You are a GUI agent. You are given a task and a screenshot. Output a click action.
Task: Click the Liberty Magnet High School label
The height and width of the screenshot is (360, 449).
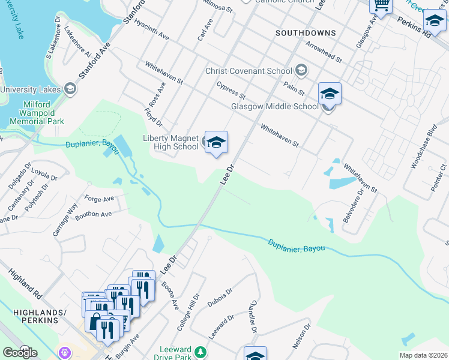tap(170, 142)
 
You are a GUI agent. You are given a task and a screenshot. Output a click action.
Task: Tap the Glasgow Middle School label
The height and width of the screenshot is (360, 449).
tap(275, 107)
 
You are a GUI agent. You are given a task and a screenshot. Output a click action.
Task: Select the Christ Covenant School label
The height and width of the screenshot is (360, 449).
tap(249, 71)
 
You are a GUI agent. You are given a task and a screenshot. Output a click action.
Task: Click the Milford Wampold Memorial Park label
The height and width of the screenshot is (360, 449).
tap(43, 112)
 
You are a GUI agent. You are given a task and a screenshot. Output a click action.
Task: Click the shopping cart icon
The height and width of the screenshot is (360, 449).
tap(380, 5)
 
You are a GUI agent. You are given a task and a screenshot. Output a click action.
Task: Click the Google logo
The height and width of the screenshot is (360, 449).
tap(20, 352)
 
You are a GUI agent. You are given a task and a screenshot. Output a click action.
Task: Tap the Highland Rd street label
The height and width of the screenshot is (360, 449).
tap(25, 285)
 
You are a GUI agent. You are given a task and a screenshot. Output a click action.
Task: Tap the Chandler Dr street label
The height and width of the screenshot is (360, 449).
tap(253, 317)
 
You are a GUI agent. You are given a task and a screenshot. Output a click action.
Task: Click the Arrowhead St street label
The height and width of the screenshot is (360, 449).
tap(323, 52)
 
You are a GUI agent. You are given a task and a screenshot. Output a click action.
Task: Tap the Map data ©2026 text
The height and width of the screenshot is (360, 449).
tap(423, 355)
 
